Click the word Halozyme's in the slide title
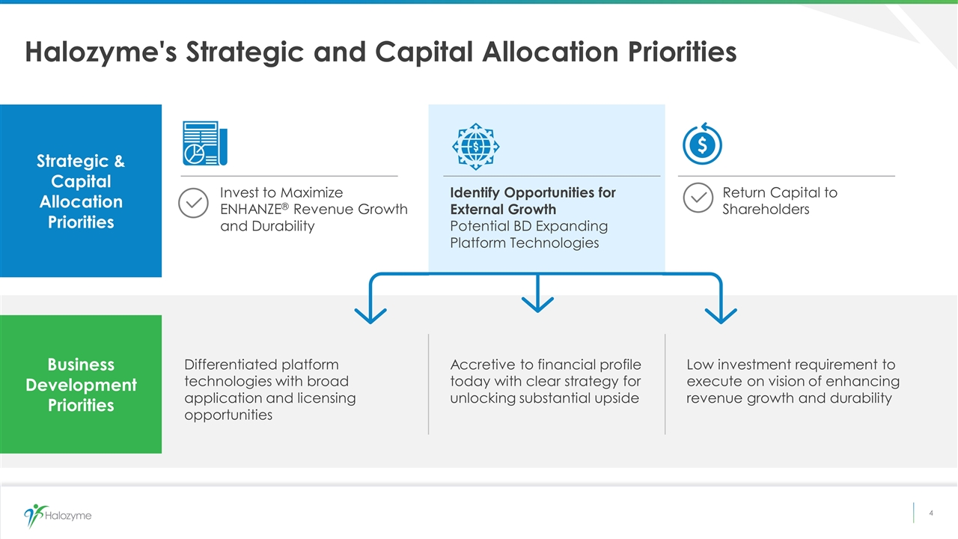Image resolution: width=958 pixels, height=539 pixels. [101, 52]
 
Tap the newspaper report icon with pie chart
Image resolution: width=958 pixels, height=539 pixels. [205, 143]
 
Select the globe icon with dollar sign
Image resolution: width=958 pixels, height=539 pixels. [475, 146]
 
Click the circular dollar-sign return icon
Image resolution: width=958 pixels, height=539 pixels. [702, 144]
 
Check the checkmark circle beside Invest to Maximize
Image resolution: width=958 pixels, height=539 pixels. [193, 203]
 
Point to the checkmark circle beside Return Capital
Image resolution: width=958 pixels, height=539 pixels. [698, 198]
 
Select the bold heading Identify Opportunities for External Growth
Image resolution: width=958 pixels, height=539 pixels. [533, 201]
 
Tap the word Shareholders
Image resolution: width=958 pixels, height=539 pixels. [766, 209]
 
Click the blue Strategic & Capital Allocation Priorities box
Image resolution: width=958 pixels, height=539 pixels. [81, 191]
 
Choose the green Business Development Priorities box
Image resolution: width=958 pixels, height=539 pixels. [81, 384]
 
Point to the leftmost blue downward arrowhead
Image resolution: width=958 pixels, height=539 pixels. [370, 316]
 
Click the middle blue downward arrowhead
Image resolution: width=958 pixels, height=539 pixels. [537, 305]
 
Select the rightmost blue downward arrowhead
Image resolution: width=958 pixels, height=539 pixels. [721, 316]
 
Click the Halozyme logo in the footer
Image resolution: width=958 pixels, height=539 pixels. [58, 516]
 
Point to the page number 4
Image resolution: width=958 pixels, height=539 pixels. [931, 513]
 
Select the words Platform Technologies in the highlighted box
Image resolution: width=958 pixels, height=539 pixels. [525, 243]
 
